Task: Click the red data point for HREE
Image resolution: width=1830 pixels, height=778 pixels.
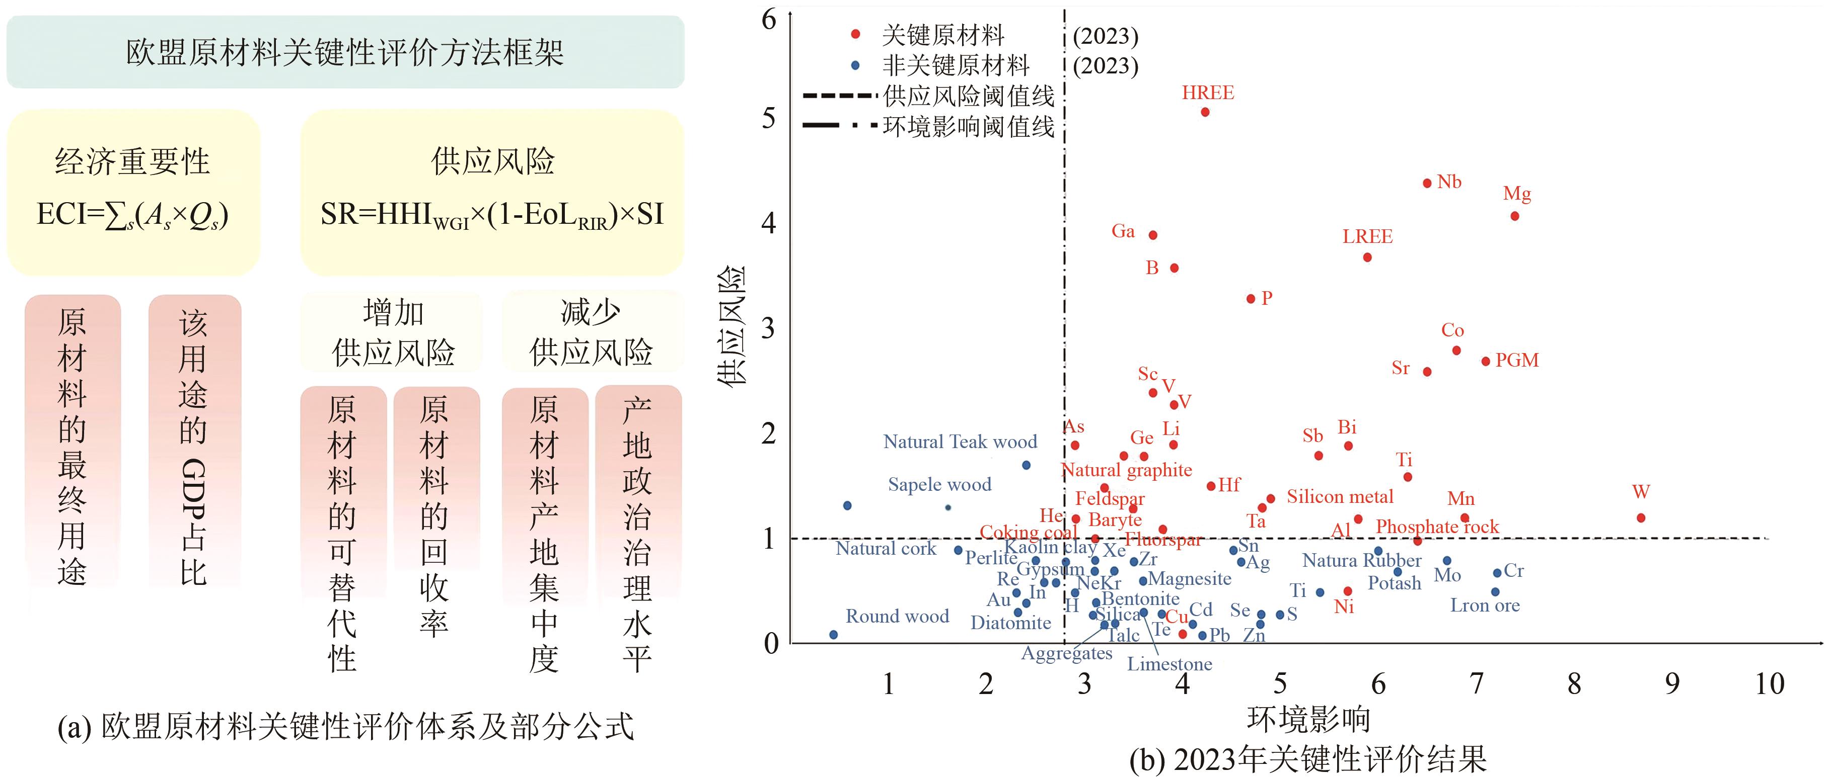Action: [1205, 112]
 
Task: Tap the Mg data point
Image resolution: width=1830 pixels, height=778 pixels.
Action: [1514, 216]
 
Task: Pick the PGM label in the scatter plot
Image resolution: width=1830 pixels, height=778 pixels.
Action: [1517, 361]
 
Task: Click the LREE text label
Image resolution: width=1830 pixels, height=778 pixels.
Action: [1367, 236]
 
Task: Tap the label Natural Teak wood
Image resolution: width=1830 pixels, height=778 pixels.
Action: [960, 442]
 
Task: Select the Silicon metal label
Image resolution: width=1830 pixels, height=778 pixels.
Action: [1340, 496]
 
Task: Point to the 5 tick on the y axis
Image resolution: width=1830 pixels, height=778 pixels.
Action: [769, 118]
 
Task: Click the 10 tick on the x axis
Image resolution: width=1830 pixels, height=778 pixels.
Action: [1769, 683]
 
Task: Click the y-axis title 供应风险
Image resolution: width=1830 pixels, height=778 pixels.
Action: [731, 326]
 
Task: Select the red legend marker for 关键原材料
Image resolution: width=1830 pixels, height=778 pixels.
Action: [856, 34]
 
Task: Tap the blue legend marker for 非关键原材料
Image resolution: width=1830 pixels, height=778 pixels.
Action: [856, 65]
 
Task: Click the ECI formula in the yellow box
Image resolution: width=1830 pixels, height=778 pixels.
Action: [133, 214]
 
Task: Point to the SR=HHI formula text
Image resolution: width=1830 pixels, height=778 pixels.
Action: [491, 214]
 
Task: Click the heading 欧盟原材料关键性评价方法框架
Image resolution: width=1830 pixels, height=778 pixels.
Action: [345, 52]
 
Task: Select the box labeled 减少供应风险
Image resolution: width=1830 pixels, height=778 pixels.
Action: [591, 331]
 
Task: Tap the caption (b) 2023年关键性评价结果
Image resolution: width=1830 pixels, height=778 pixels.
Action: [1308, 759]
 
